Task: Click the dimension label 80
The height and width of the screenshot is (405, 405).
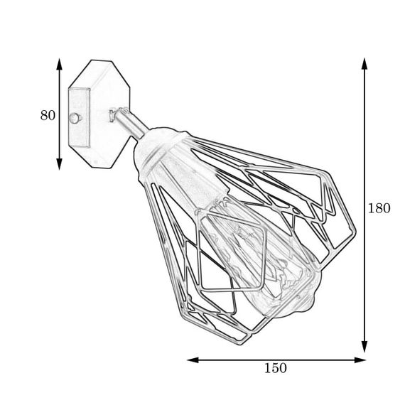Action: click(x=48, y=115)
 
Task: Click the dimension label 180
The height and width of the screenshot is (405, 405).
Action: click(x=379, y=208)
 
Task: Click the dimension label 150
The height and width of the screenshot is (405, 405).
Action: click(x=276, y=368)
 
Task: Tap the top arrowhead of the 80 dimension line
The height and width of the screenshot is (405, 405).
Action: click(x=60, y=64)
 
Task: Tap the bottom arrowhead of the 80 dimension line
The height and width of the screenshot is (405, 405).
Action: click(x=60, y=164)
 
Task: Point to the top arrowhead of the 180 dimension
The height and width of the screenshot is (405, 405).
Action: click(x=364, y=64)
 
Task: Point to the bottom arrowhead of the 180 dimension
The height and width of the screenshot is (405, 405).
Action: click(x=364, y=346)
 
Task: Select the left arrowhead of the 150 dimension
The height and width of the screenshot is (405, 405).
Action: click(x=193, y=360)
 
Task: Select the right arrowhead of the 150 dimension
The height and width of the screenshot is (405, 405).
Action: click(x=360, y=360)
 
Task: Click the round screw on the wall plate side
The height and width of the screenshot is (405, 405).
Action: click(x=75, y=118)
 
